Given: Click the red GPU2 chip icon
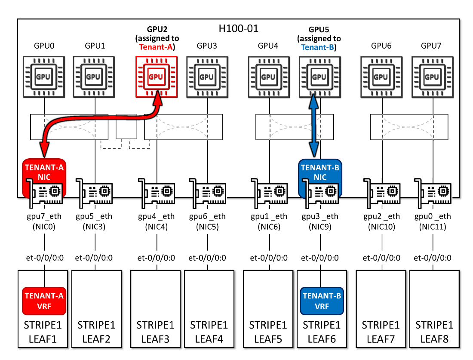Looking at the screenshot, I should [156, 77].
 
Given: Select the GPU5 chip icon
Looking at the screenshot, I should [319, 77].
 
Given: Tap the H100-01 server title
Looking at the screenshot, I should [238, 29].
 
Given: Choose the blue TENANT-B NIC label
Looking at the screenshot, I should [320, 172].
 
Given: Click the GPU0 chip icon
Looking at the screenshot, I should [44, 77].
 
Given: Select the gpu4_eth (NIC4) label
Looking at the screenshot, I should [157, 222].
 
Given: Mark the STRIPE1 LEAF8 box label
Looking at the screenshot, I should [433, 332].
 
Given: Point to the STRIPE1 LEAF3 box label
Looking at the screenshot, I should [157, 332].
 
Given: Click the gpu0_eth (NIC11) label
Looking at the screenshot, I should [433, 222].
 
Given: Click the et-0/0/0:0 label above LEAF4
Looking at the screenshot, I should [208, 258].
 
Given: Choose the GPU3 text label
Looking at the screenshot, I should [208, 45].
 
